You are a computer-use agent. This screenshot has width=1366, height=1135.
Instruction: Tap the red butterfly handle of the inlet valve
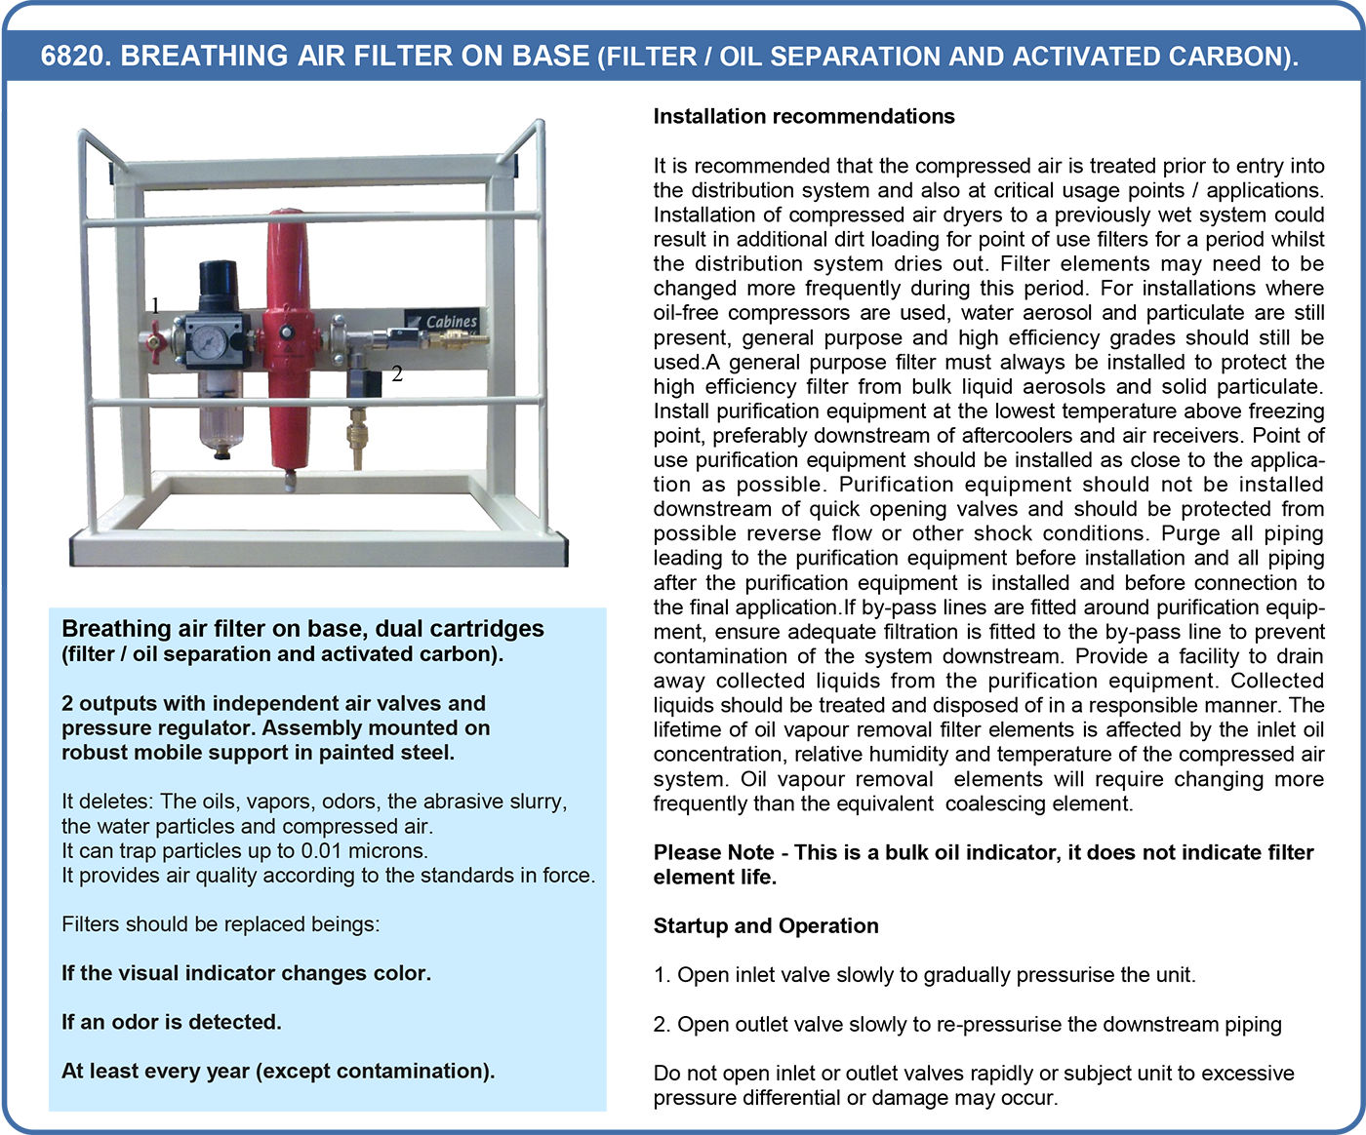pyautogui.click(x=156, y=341)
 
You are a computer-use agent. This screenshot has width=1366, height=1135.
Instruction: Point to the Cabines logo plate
pyautogui.click(x=443, y=321)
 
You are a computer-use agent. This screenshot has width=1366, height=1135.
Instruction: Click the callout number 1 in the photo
pyautogui.click(x=156, y=305)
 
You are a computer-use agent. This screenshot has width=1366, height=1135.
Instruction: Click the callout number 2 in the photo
pyautogui.click(x=397, y=373)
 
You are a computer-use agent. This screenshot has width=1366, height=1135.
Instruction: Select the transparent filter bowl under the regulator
pyautogui.click(x=221, y=415)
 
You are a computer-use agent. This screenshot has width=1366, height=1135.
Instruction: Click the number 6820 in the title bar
pyautogui.click(x=70, y=56)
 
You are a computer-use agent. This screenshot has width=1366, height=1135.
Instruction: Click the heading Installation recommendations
pyautogui.click(x=804, y=116)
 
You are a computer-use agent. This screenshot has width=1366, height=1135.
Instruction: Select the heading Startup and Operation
pyautogui.click(x=765, y=925)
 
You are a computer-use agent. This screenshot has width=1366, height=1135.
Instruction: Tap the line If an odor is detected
pyautogui.click(x=172, y=1021)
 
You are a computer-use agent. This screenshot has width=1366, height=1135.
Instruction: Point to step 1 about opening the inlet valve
pyautogui.click(x=924, y=975)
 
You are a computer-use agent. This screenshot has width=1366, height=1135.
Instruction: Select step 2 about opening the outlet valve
pyautogui.click(x=967, y=1024)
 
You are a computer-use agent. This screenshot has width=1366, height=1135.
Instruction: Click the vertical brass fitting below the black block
pyautogui.click(x=357, y=437)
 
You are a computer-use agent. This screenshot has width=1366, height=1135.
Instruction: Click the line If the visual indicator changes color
pyautogui.click(x=246, y=973)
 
